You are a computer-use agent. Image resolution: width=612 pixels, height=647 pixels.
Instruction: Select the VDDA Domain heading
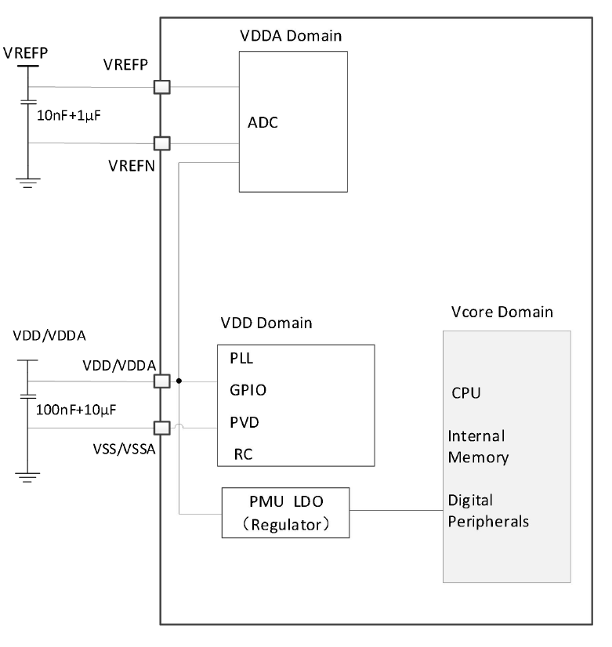[x=291, y=36]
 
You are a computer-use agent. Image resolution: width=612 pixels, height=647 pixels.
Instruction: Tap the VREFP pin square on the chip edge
[x=161, y=87]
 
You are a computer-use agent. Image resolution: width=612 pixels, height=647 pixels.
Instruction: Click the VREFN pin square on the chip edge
[x=161, y=143]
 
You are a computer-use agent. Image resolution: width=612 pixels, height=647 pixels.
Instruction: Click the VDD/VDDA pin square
[x=161, y=381]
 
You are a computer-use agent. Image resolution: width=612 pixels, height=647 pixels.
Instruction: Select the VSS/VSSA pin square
[x=161, y=428]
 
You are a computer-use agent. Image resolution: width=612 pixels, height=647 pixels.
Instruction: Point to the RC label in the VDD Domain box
[x=242, y=454]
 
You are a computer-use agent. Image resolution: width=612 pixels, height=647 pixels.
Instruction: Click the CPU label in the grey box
[x=465, y=392]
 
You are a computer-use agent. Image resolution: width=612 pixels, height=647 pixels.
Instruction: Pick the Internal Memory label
[x=476, y=446]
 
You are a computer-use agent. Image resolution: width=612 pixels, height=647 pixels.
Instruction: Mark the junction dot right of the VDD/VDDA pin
[x=179, y=381]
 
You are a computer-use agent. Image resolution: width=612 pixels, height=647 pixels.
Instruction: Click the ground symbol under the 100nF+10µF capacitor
[x=28, y=475]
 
